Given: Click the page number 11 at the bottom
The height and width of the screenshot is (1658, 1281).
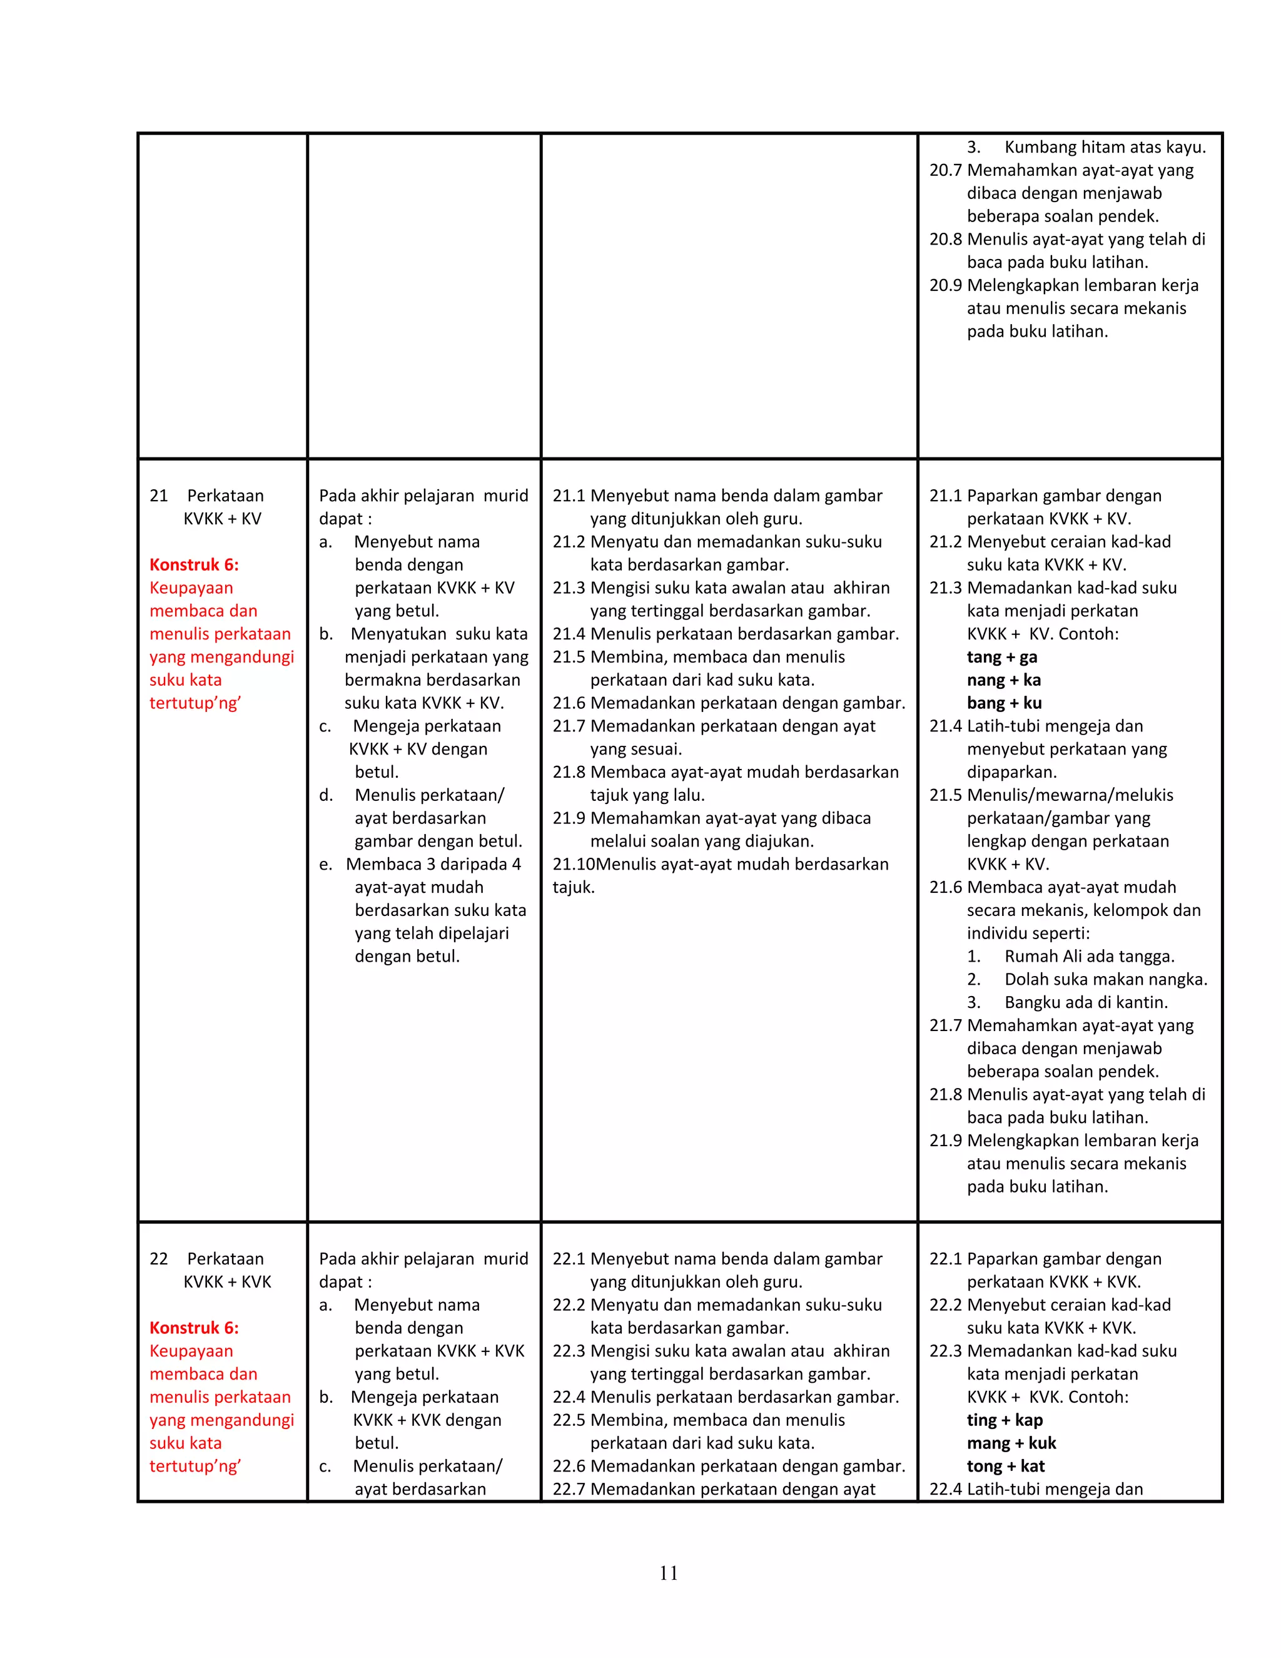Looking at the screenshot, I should [x=669, y=1572].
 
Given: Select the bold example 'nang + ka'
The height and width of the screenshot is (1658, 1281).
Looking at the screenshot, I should [x=1003, y=679].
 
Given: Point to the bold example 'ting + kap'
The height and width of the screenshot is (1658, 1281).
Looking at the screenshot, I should [x=1004, y=1420].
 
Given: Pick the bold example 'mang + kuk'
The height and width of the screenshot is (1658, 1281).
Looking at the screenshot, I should [x=1011, y=1442].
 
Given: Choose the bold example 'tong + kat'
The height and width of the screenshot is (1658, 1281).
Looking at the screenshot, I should [x=1006, y=1466].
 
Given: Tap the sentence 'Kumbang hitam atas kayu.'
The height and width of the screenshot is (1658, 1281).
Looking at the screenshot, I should [x=1104, y=147].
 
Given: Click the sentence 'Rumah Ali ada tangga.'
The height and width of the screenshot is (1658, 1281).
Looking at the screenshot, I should [x=1089, y=956].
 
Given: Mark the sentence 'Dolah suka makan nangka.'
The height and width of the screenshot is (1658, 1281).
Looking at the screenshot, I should [x=1105, y=979].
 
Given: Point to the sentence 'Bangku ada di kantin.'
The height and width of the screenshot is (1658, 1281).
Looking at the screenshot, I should [x=1085, y=1002].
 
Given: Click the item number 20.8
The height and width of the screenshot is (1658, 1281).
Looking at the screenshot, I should [x=945, y=239].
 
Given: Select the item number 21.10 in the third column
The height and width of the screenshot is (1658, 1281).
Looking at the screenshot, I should [x=573, y=864].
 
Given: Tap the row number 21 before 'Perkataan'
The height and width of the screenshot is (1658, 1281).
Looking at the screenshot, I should [x=159, y=496].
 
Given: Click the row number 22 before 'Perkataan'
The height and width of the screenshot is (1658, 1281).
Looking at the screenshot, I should [x=159, y=1259].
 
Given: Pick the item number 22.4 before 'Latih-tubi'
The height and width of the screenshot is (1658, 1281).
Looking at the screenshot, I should [x=945, y=1488].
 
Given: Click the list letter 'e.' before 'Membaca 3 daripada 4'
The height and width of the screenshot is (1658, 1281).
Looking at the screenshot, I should [x=325, y=864].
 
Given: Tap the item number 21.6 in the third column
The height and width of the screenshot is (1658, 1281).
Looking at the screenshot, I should [x=569, y=703].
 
